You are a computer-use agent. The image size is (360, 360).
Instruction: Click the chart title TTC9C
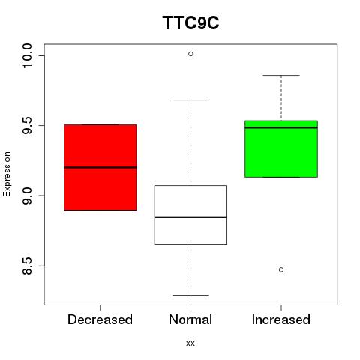coord(190,22)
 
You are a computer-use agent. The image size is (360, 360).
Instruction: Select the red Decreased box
coord(100,167)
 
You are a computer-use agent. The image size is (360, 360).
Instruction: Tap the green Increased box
coord(281,149)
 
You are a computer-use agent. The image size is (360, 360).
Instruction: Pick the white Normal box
coord(190,214)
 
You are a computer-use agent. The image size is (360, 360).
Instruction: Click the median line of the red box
coord(100,167)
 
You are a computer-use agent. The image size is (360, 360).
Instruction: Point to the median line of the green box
coord(281,127)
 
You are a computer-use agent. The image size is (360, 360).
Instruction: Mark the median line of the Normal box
coord(190,217)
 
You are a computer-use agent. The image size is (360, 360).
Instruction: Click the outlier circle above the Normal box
coord(190,54)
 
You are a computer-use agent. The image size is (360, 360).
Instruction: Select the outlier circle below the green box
coord(281,269)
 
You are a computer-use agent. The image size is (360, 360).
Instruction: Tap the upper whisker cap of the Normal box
coord(190,100)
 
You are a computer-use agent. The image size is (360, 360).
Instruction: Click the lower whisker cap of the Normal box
coord(190,295)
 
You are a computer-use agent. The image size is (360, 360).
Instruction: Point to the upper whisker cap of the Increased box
coord(281,75)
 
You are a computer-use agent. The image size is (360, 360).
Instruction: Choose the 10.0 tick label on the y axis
coord(27,55)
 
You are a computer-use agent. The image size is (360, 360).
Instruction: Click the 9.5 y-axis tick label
coord(27,125)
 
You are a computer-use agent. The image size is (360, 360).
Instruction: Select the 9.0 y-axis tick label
coord(27,196)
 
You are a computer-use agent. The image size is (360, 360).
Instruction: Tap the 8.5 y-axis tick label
coord(27,265)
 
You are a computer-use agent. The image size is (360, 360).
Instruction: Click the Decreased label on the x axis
coord(100,319)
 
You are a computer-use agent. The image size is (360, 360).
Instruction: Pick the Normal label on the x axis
coord(190,319)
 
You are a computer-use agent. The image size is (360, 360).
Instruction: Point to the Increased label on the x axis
coord(281,319)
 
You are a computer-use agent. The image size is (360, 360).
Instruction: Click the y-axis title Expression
coord(7,174)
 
